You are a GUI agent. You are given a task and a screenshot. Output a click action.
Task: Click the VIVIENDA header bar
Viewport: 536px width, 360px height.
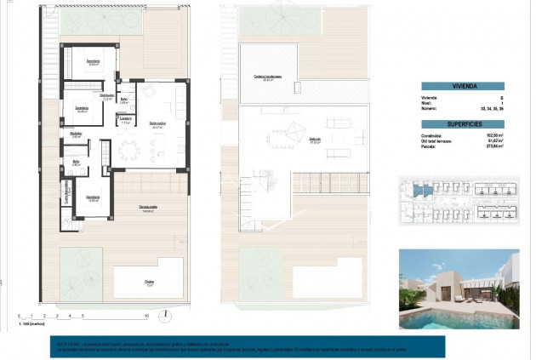tap(463, 86)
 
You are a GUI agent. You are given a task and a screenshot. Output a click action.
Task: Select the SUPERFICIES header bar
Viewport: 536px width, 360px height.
tap(463, 124)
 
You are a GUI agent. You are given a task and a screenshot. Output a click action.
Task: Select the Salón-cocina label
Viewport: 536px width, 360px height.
tap(157, 125)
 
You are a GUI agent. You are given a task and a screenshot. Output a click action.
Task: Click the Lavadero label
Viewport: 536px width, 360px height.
tap(125, 118)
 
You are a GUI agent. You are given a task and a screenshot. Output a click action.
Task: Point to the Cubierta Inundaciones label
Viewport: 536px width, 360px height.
tap(268, 78)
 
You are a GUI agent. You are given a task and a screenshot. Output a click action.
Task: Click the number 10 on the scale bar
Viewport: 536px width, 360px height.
tap(147, 315)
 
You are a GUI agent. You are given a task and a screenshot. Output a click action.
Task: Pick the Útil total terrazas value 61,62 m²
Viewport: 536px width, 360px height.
tap(495, 141)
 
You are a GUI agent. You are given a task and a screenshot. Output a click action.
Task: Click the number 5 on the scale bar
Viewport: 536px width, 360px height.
tap(83, 315)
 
